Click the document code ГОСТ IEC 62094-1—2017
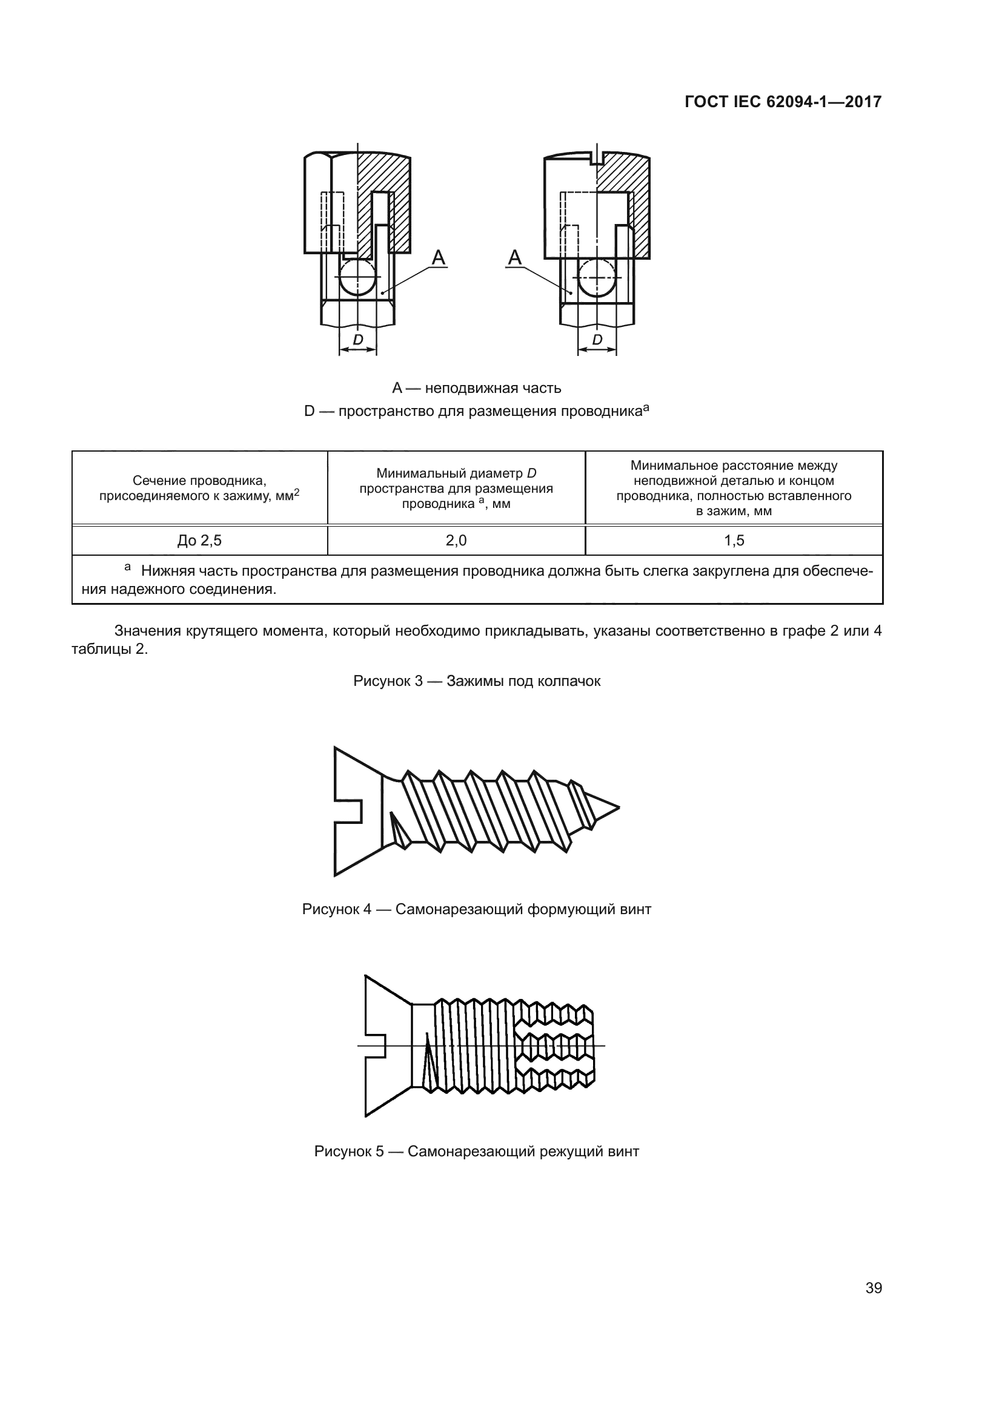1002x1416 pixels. (782, 102)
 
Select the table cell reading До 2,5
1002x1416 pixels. (199, 541)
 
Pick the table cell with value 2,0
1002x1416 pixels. (456, 541)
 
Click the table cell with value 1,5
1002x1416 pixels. (734, 541)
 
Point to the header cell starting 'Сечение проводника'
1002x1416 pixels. (199, 488)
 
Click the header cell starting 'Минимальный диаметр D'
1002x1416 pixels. (456, 489)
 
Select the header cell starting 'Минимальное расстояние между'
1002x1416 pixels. (734, 488)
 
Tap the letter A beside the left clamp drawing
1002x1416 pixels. (439, 257)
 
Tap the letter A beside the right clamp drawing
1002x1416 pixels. (514, 257)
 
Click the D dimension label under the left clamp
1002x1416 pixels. (358, 340)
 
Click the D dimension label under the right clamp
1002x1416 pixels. (597, 340)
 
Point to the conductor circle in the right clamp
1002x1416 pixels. (597, 277)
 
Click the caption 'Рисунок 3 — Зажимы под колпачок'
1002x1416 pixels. (476, 681)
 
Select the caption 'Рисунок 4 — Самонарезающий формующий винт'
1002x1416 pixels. (476, 909)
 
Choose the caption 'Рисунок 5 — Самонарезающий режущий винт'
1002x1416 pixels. (476, 1151)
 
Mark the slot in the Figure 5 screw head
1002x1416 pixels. (376, 1046)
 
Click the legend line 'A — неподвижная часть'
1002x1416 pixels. (476, 388)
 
